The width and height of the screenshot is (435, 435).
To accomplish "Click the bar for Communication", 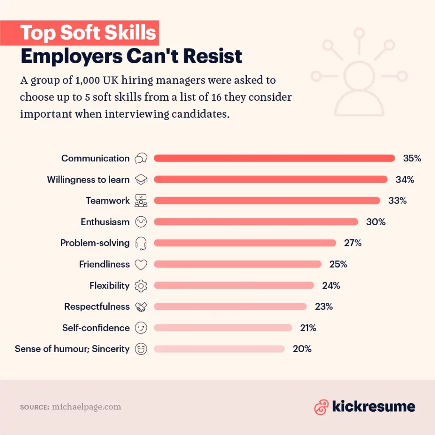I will (x=274, y=158).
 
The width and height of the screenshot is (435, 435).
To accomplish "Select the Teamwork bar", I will (x=267, y=201).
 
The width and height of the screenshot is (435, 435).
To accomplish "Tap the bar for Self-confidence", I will (x=223, y=328).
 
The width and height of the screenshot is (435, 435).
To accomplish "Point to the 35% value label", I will (x=412, y=158).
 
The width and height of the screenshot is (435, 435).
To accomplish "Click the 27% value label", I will (x=353, y=243).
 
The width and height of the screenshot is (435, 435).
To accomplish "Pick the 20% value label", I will (x=302, y=349).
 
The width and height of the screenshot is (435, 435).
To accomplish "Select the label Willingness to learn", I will (x=88, y=180).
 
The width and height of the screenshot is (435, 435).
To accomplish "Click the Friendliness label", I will (x=104, y=264).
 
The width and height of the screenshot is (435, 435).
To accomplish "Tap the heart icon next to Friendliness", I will (x=141, y=265).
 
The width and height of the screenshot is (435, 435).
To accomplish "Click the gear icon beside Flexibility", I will (x=141, y=286).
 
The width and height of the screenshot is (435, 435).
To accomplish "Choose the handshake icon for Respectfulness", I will (x=141, y=307).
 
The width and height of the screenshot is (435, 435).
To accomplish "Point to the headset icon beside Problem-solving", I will (x=141, y=243).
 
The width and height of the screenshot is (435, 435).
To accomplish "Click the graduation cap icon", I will (x=141, y=180).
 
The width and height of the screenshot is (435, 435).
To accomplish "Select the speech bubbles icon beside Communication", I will (x=141, y=158).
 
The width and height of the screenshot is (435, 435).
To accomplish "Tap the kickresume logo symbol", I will (x=321, y=407).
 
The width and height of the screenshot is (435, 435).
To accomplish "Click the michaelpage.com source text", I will (x=86, y=407).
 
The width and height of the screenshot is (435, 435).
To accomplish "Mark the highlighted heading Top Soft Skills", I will (x=88, y=33).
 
